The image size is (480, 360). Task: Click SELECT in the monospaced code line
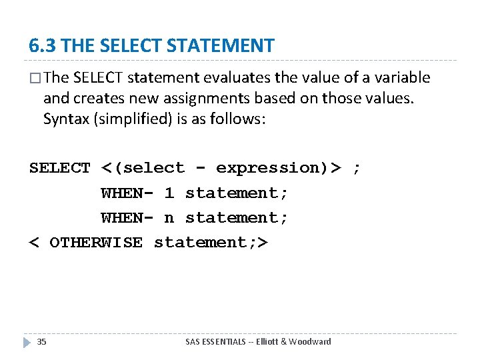pyautogui.click(x=59, y=168)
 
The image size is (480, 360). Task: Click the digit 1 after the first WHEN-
pyautogui.click(x=169, y=193)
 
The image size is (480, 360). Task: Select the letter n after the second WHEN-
pyautogui.click(x=169, y=218)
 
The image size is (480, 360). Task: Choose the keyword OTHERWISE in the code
pyautogui.click(x=96, y=243)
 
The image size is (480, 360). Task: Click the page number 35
pyautogui.click(x=41, y=341)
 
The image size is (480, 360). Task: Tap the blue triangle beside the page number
pyautogui.click(x=27, y=342)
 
